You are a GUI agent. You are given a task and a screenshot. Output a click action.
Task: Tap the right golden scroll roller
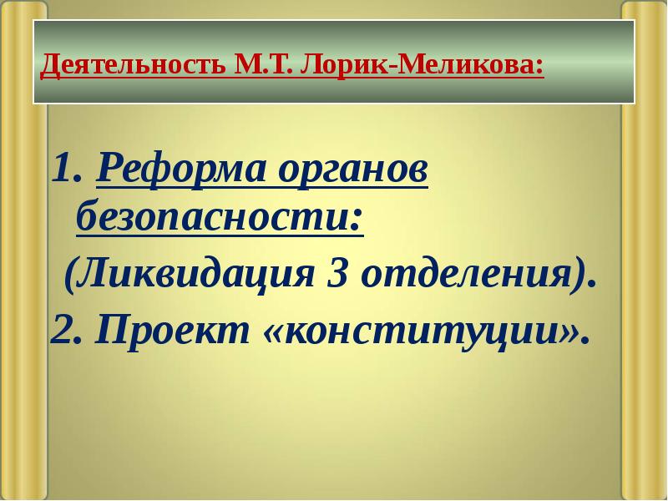[644, 250]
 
